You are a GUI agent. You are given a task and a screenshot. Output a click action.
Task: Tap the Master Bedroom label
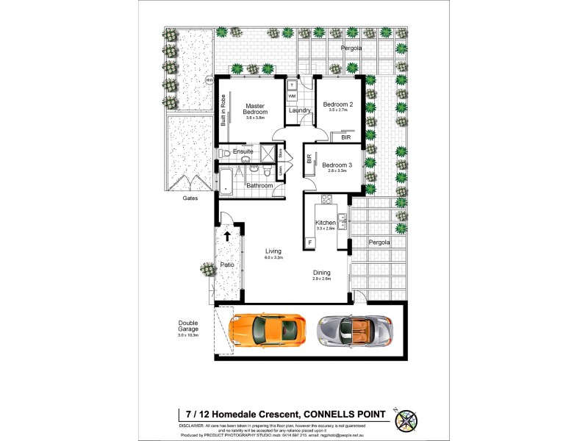point(255,109)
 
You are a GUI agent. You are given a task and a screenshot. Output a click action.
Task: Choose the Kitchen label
point(325,222)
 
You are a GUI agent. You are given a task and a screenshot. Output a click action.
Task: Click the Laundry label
point(300,110)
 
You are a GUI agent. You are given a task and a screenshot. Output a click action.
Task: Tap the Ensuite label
point(243,151)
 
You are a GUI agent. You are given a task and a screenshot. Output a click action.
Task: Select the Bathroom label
point(259,185)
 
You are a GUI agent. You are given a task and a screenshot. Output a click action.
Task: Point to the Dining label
point(322,273)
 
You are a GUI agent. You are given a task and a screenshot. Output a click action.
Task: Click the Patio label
point(226,264)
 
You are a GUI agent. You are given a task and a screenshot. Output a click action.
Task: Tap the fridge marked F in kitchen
point(309,242)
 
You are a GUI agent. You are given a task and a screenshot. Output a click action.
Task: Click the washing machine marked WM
point(292,96)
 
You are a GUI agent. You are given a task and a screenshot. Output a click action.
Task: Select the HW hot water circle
point(209,79)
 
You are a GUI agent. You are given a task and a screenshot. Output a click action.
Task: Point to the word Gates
point(190,198)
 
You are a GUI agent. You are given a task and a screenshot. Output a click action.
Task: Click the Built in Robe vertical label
point(223,112)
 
